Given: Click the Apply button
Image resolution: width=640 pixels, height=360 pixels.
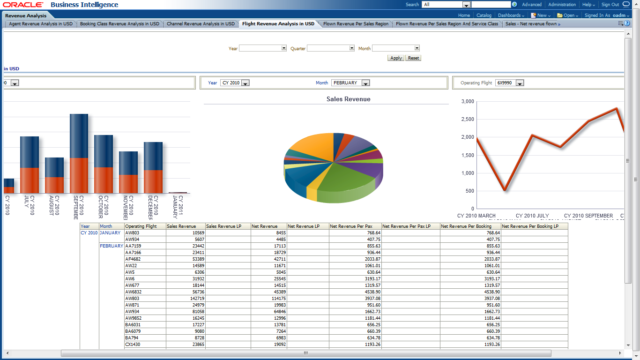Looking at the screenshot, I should coord(396,58).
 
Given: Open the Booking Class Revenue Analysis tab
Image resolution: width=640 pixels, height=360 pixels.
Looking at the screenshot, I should coord(120,24).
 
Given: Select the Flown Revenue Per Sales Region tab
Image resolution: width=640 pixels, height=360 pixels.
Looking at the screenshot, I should coord(356,24).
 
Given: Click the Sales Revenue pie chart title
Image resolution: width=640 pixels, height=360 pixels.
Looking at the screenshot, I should coord(348,99).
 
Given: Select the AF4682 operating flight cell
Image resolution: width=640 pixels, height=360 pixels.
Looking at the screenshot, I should coord(133,259).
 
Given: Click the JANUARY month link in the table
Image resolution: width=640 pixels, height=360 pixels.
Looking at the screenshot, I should coord(110,233).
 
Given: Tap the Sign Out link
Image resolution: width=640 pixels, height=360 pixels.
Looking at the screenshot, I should coord(610,5).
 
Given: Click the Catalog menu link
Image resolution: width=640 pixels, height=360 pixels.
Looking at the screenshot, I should coord(484,15).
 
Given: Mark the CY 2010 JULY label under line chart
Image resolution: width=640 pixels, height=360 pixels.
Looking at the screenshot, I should coord(533,216).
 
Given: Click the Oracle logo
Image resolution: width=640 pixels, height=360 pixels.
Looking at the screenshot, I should coord(23,5).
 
